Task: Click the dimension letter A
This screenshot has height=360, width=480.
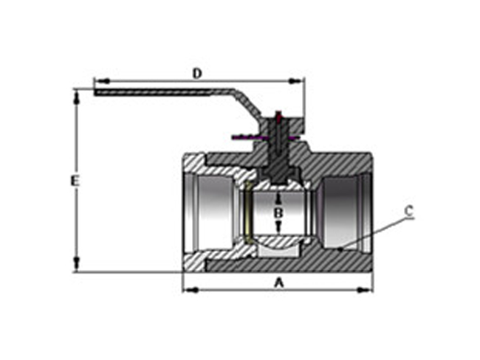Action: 278,281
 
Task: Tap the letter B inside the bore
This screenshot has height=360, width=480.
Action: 278,213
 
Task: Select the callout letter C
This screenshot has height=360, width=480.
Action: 408,210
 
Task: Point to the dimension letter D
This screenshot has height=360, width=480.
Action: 197,73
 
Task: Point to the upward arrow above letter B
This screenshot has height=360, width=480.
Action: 278,197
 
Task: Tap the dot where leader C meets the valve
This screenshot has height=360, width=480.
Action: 339,249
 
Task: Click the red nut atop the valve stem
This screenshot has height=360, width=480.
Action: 278,117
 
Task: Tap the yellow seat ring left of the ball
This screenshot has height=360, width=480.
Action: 249,214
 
